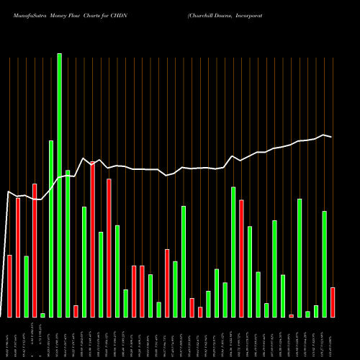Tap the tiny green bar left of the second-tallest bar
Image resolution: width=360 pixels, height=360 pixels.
coord(42,315)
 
